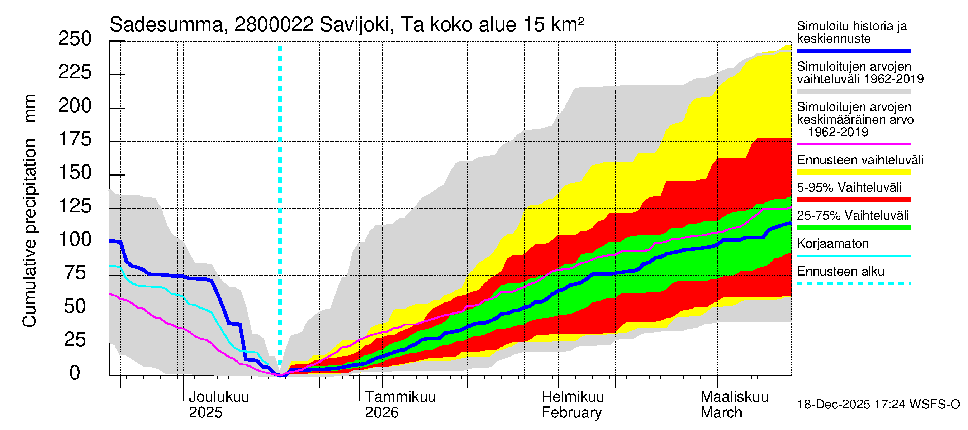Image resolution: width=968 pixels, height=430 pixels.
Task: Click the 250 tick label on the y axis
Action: pos(75,39)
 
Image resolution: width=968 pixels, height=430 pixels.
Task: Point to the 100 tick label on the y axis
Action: pos(75,240)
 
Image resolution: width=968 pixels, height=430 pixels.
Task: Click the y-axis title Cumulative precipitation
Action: pos(29,233)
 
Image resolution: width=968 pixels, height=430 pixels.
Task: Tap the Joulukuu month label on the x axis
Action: pos(219,397)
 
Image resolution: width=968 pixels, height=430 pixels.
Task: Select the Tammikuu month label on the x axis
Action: pos(400,397)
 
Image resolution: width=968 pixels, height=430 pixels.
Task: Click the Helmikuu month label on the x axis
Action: pos(572,397)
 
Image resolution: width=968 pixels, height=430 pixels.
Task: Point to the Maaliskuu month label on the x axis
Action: pos(734,397)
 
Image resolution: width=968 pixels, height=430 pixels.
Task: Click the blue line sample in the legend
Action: pos(853,51)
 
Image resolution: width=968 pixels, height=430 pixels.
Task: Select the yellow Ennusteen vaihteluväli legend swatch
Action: pos(853,172)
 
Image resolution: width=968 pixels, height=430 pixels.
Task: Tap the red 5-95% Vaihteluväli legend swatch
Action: pos(853,200)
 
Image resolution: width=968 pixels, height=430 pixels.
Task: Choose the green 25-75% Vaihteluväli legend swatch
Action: pos(853,228)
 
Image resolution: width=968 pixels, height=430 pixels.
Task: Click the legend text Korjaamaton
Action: pos(832,244)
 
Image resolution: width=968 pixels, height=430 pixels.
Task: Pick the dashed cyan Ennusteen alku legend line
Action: pos(853,283)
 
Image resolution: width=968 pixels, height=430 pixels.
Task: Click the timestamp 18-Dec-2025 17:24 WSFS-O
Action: pos(878,405)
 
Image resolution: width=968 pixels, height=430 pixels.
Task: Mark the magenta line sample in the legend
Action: pos(853,144)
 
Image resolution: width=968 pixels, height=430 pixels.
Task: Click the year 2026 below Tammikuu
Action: pos(381,413)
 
